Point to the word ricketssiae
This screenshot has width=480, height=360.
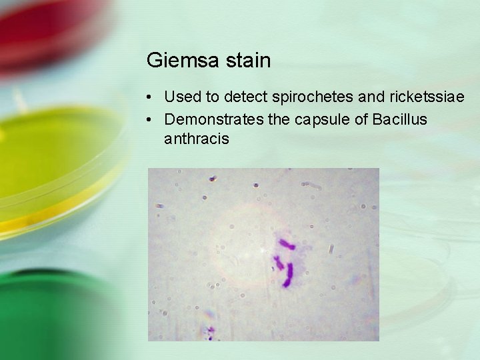427,97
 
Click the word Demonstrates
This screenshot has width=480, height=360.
213,119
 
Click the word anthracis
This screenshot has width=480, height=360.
197,139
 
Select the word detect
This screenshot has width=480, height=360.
246,97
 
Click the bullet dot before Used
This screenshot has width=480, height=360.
153,97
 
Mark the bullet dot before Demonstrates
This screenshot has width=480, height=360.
153,120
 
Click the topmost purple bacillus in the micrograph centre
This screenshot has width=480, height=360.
287,244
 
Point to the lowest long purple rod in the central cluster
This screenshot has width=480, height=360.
289,275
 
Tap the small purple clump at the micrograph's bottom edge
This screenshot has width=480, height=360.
211,331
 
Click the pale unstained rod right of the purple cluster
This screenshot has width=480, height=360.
331,249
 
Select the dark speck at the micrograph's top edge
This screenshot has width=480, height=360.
212,179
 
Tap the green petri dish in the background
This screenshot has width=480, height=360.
53,313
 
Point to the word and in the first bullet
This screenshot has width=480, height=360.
371,97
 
